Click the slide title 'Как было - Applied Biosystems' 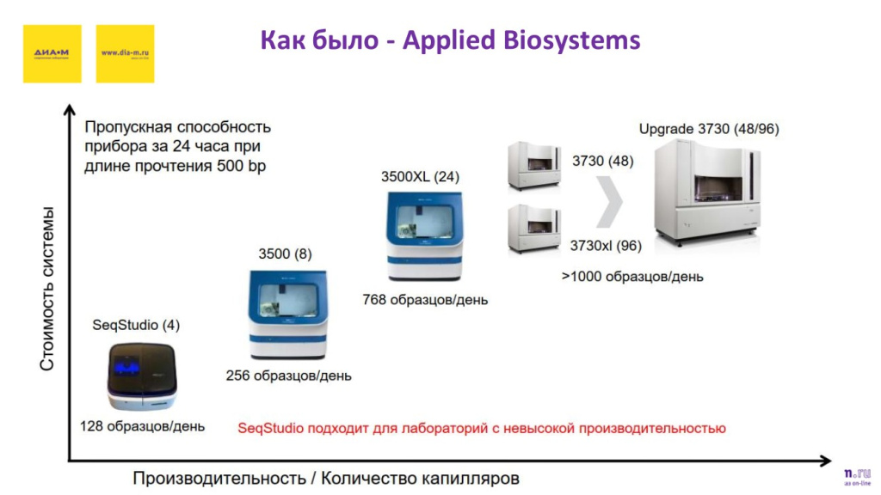(450, 40)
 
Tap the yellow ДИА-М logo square (52, 53)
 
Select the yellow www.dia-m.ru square (126, 53)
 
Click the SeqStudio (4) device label (136, 326)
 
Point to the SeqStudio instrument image (142, 376)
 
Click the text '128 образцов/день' (142, 426)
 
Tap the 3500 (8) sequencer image (287, 315)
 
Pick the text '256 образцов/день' (288, 376)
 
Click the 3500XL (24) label (420, 177)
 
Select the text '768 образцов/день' (425, 300)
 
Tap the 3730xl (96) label (606, 246)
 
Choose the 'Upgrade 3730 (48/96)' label (709, 129)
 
